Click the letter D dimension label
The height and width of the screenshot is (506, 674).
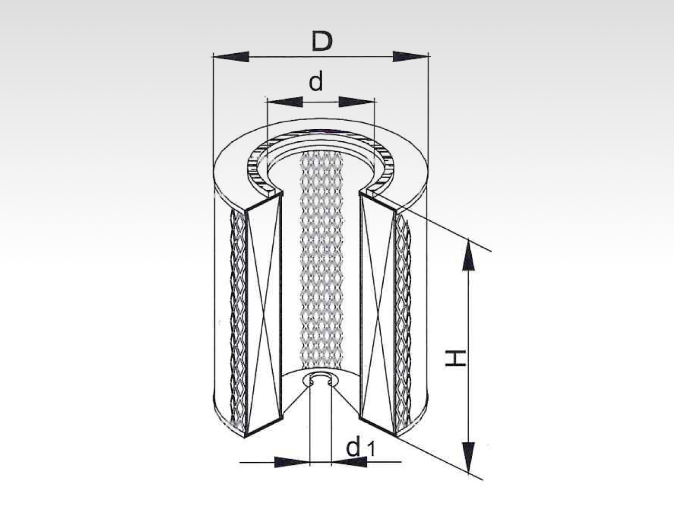tap(322, 42)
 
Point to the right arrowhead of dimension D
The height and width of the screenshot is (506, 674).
tap(410, 57)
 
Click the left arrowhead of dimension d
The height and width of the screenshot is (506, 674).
tap(285, 102)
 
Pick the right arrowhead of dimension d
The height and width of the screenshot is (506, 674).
tap(356, 102)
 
